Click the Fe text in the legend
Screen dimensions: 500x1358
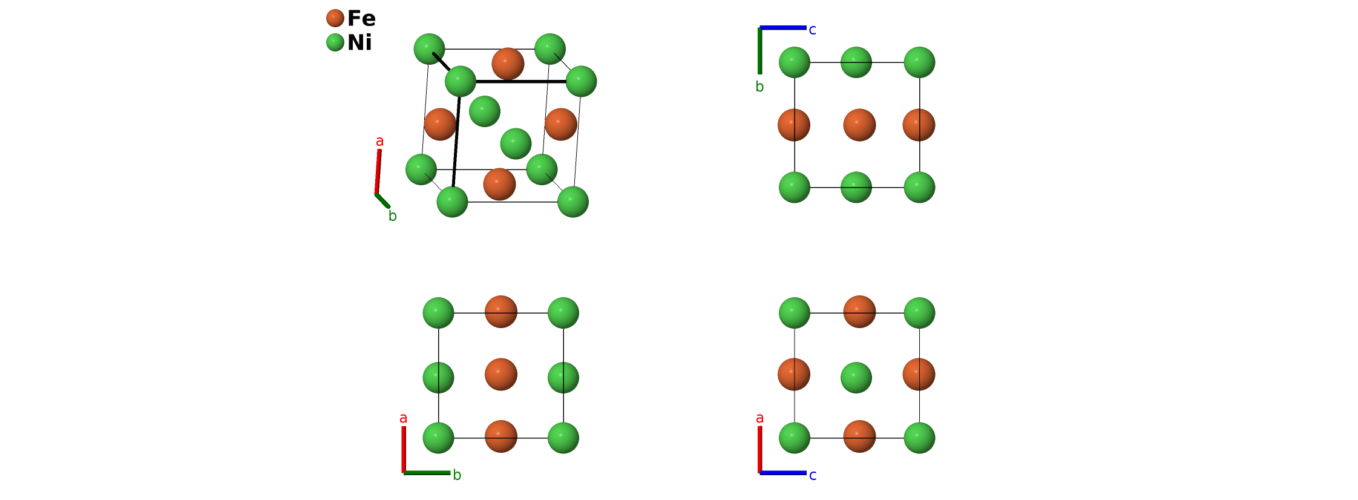(361, 18)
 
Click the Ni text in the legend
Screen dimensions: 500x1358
(359, 42)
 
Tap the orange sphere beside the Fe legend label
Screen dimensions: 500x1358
(335, 18)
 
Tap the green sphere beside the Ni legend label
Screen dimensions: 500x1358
(335, 42)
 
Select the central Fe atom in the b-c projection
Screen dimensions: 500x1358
(859, 125)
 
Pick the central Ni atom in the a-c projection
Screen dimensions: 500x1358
(856, 378)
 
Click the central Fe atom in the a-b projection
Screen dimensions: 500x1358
(501, 374)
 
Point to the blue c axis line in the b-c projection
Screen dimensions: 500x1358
(783, 28)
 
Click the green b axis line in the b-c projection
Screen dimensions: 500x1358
(760, 51)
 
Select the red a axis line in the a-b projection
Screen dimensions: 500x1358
(404, 449)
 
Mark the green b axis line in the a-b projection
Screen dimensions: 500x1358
(427, 473)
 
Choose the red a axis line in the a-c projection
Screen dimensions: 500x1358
(760, 449)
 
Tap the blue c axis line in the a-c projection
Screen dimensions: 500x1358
(783, 473)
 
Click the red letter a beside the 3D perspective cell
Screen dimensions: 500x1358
(379, 141)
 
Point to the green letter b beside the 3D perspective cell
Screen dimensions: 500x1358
(393, 216)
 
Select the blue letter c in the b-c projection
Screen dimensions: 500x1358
(812, 30)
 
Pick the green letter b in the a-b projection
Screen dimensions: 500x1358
(457, 475)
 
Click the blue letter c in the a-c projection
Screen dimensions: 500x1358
(813, 476)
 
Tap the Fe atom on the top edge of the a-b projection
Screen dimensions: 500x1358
(501, 311)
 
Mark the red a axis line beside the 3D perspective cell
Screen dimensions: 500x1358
(378, 172)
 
